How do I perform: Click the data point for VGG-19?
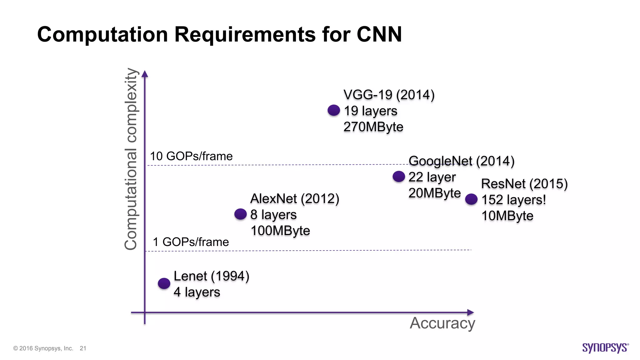click(334, 110)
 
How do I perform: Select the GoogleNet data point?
click(399, 177)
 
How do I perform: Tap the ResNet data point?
click(471, 199)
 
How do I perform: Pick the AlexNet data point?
click(240, 214)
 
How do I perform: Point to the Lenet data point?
click(164, 283)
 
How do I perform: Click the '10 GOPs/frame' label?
click(191, 156)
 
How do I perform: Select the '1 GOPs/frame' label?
click(191, 242)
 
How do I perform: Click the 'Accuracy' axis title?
click(442, 323)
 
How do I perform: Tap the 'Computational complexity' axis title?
click(131, 159)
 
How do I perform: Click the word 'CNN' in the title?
click(379, 34)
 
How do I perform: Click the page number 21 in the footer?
click(83, 348)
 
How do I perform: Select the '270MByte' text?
click(373, 127)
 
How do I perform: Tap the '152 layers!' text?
click(513, 200)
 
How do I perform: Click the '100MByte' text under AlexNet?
click(280, 231)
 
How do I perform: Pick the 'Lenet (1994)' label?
click(211, 276)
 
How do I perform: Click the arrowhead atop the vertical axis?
click(145, 74)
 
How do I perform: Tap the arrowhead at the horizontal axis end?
click(470, 312)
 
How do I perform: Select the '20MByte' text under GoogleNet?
click(434, 193)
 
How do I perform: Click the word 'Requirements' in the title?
click(245, 34)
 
